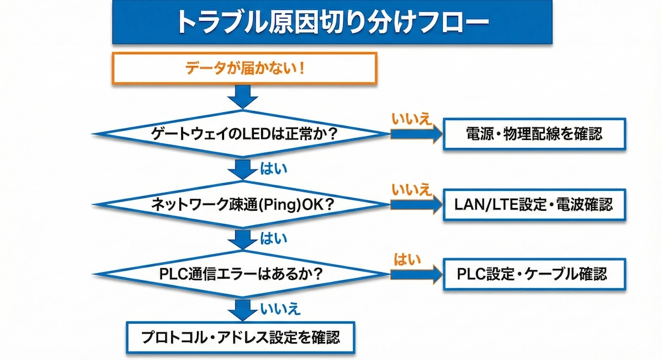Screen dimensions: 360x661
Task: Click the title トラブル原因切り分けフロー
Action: tap(331, 22)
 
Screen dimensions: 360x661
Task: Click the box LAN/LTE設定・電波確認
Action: tap(533, 204)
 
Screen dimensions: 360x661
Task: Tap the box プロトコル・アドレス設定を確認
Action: tap(241, 338)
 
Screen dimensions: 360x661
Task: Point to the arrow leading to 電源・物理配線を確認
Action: tap(416, 134)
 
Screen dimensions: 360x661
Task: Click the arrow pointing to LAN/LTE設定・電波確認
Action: tap(416, 204)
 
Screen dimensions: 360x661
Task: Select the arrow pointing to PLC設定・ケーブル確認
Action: tap(416, 273)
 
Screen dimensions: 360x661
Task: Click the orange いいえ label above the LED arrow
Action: tap(411, 120)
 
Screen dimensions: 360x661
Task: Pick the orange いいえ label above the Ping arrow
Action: tap(411, 190)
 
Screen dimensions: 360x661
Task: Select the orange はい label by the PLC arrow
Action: tap(407, 259)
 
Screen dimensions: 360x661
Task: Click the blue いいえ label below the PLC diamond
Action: tap(280, 308)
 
